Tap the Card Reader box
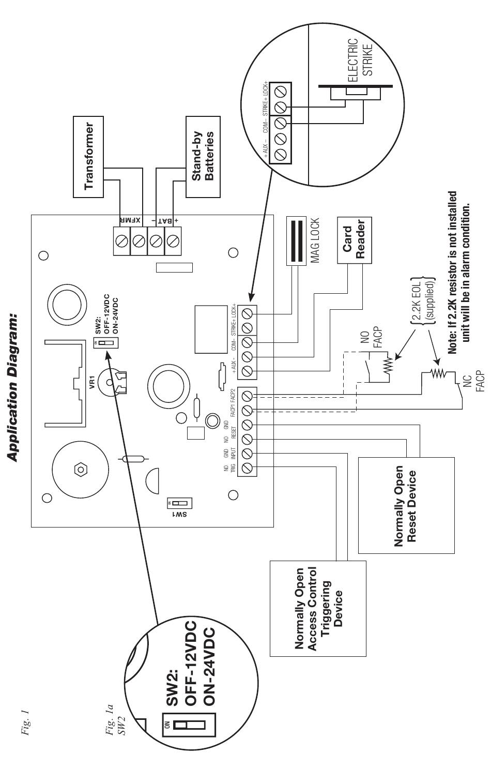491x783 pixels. tap(354, 241)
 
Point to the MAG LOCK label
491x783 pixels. tap(315, 241)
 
